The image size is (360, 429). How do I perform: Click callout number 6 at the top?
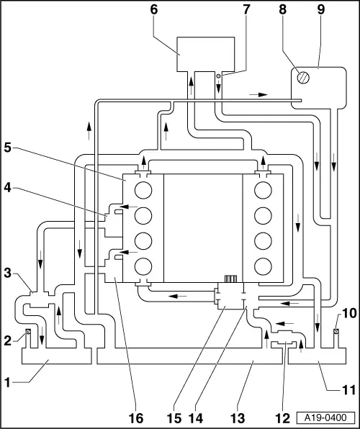tap(154, 9)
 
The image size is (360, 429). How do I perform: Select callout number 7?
tap(246, 9)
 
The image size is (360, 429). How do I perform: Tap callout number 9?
tap(321, 9)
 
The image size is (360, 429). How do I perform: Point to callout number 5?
tap(8, 148)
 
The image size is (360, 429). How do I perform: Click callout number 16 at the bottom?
tap(136, 418)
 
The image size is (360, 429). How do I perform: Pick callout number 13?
tap(238, 418)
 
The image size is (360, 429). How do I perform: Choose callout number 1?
tap(7, 383)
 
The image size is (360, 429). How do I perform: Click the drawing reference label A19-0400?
tap(325, 417)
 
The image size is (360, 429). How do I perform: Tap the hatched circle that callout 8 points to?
tap(303, 78)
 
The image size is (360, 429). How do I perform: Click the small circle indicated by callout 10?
tap(336, 331)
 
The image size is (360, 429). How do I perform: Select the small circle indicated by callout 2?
tap(27, 332)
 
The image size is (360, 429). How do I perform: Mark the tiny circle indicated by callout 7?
tap(218, 76)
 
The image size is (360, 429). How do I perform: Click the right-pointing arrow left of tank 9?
tap(258, 95)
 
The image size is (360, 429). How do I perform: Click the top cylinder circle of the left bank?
tap(143, 190)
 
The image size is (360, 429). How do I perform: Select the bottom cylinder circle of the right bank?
tap(263, 266)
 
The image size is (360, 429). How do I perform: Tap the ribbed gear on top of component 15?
tap(230, 279)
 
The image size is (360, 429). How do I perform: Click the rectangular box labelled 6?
tap(206, 54)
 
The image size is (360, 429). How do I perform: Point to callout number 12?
tap(282, 418)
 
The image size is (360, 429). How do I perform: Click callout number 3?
tap(8, 273)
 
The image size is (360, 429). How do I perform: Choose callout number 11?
tap(348, 390)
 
